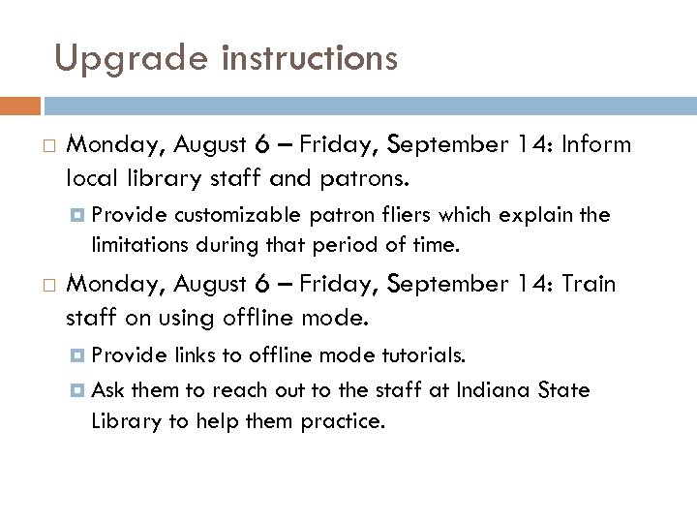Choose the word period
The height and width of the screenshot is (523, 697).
336,247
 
